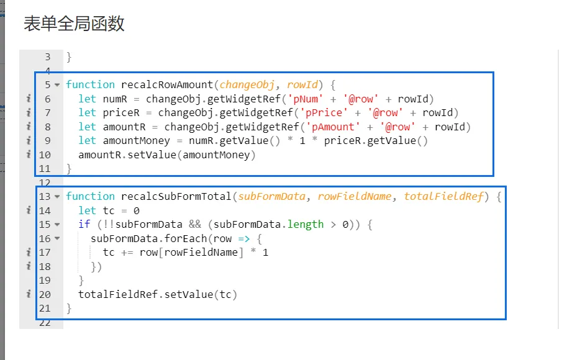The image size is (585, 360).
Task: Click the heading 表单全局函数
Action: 74,24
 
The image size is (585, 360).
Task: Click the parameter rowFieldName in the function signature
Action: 355,196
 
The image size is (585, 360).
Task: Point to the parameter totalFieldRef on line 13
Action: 443,196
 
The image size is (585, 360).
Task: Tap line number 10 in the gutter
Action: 45,155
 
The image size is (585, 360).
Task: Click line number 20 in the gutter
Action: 45,294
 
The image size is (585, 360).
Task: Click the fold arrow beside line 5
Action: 57,85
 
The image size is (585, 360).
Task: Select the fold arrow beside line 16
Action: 57,238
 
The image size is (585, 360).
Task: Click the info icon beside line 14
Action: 28,210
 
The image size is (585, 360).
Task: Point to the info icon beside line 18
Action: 28,266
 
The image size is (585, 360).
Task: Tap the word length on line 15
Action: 306,224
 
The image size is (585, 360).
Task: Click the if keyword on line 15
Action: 84,224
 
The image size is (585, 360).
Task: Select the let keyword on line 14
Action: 88,210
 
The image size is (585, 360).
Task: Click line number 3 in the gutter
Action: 48,57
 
